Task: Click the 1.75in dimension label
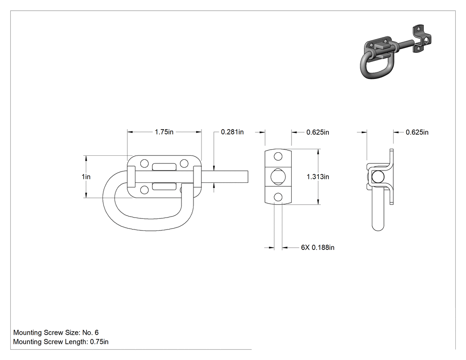tap(164, 132)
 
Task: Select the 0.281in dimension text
tap(232, 132)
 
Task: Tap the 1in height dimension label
tap(86, 177)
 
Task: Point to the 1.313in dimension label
tap(318, 177)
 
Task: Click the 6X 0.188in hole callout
tap(318, 247)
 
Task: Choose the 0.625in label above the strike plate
tap(318, 132)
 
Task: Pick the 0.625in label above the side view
tap(417, 132)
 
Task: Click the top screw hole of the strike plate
tap(278, 156)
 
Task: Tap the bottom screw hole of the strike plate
tap(278, 197)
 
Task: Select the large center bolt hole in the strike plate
tap(278, 177)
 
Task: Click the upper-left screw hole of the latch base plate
tap(144, 163)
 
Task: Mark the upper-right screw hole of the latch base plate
tap(184, 163)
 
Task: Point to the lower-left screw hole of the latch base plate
tap(144, 190)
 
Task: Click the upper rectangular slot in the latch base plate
tap(164, 167)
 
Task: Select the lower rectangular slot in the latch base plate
tap(164, 186)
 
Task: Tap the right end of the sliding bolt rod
tap(248, 177)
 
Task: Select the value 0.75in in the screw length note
tap(99, 342)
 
